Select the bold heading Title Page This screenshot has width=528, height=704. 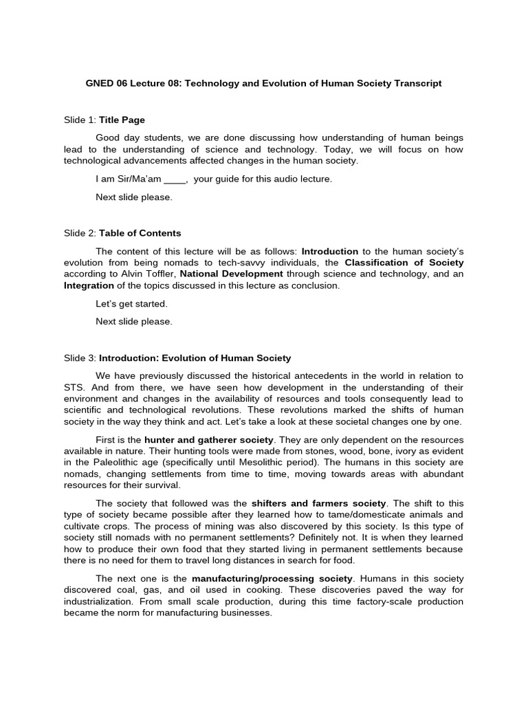click(x=122, y=120)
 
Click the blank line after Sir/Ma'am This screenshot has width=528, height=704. click(x=175, y=179)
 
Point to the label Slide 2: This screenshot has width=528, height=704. click(x=80, y=233)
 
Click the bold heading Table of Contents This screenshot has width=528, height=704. click(x=140, y=233)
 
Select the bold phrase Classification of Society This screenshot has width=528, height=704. click(x=404, y=263)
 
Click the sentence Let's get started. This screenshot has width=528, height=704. click(x=131, y=303)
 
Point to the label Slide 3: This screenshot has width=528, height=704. click(x=80, y=357)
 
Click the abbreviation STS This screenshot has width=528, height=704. click(x=74, y=387)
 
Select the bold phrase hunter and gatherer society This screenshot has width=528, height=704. click(x=209, y=439)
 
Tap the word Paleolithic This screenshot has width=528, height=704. click(x=109, y=462)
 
